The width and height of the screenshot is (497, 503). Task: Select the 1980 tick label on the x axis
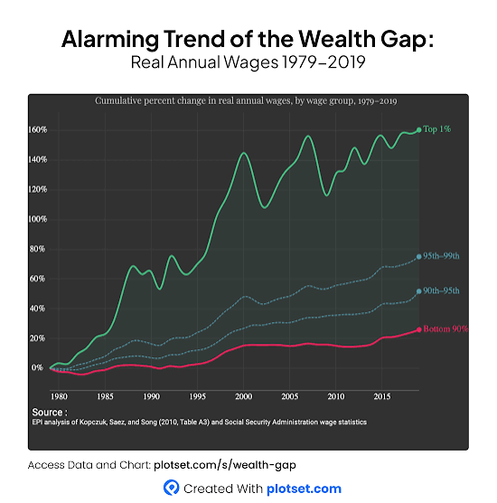[59, 396]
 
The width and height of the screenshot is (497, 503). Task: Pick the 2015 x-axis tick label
[381, 396]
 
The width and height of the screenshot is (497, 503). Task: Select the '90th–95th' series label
[442, 291]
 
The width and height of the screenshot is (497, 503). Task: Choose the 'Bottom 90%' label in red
[445, 329]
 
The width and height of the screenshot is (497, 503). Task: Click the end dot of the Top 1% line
[419, 129]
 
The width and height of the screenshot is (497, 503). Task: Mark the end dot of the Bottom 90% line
[419, 329]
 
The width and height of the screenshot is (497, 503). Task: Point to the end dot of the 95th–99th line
[419, 257]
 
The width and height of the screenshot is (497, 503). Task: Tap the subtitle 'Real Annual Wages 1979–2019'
[248, 64]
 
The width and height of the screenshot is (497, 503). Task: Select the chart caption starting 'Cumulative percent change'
[247, 101]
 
